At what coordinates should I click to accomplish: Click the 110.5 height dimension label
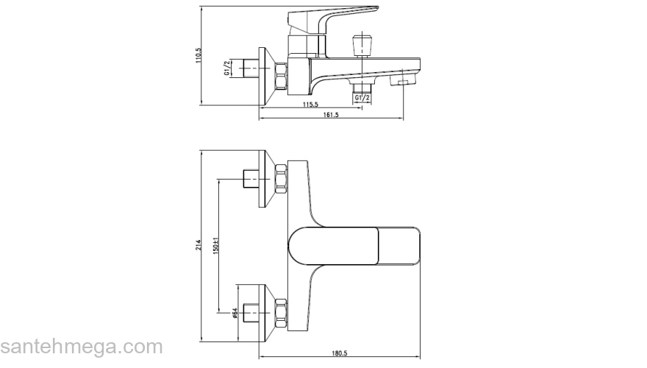click(199, 55)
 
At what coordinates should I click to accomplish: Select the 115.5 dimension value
click(311, 105)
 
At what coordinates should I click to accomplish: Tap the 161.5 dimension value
click(331, 115)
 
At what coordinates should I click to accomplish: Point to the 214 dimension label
click(199, 244)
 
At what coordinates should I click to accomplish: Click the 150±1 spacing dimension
click(215, 245)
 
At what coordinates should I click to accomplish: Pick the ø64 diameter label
click(235, 313)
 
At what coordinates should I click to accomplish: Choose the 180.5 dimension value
click(340, 353)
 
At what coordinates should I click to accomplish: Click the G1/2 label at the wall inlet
click(226, 68)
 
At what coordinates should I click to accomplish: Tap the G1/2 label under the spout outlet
click(362, 98)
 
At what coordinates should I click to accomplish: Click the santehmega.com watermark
click(82, 347)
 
